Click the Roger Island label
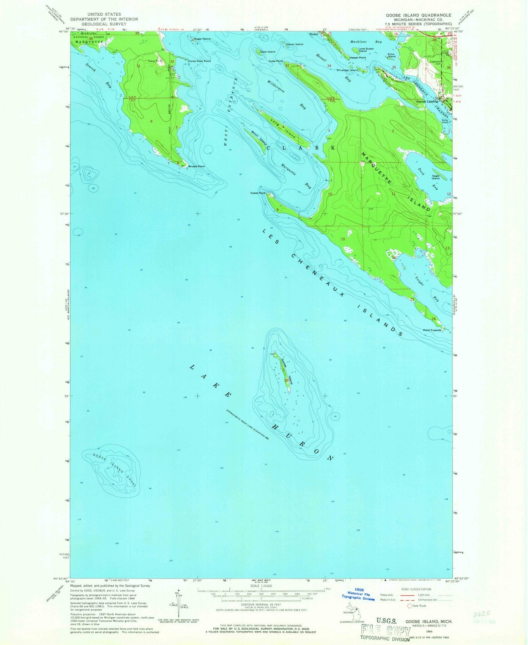202,39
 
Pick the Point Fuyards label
432,330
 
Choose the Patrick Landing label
427,102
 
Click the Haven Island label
294,44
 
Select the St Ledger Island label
347,70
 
